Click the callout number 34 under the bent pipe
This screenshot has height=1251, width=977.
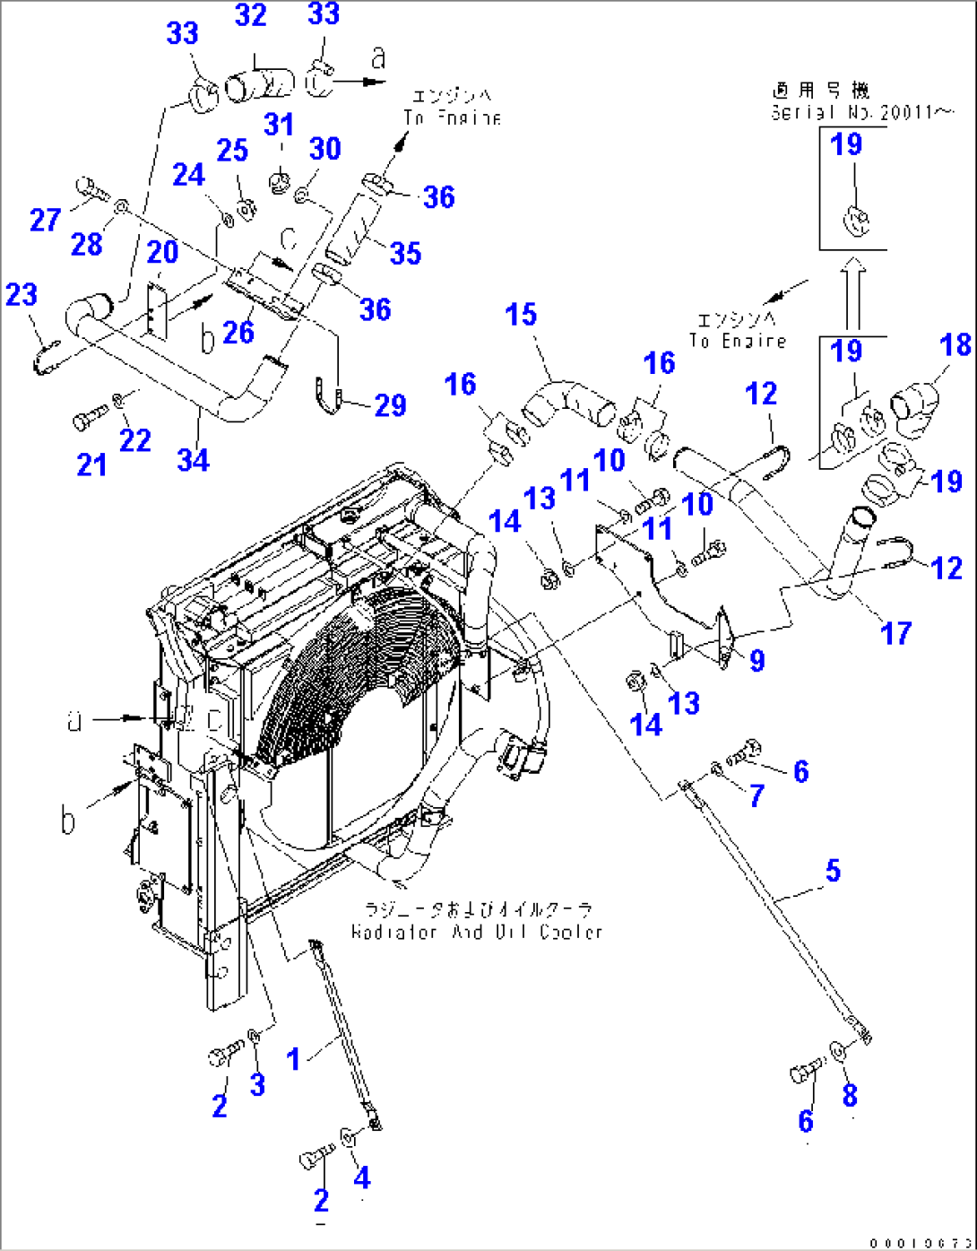[193, 459]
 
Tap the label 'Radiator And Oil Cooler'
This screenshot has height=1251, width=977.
[476, 932]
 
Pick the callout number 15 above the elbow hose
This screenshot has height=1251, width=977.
[521, 315]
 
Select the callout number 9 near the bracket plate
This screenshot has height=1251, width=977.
[757, 660]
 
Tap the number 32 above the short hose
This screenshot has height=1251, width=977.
[252, 15]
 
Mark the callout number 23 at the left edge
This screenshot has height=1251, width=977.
[22, 294]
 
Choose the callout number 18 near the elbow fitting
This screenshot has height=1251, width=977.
[955, 344]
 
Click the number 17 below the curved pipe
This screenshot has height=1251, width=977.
[895, 633]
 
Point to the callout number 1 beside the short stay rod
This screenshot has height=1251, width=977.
[293, 1059]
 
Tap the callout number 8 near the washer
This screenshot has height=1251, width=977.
[849, 1094]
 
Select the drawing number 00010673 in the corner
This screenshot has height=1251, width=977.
[920, 1242]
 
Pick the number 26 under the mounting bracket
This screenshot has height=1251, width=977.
[238, 332]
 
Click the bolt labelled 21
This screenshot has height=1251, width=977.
[86, 419]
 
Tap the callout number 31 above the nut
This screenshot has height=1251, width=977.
[279, 125]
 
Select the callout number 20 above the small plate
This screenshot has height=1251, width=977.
[162, 252]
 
